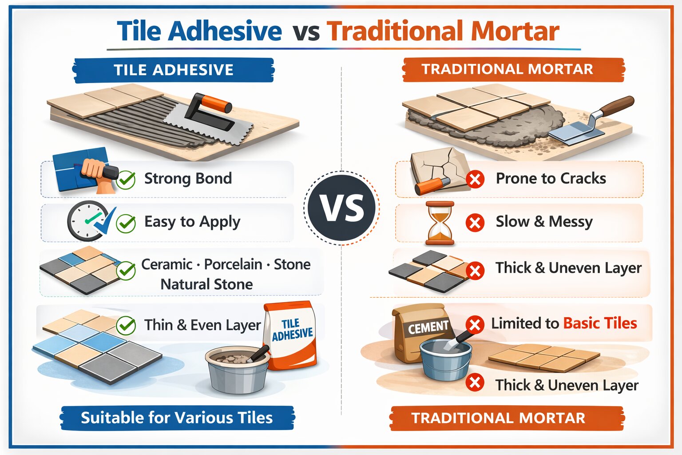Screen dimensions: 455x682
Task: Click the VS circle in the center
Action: [341, 208]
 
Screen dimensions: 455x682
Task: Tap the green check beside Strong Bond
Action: [126, 180]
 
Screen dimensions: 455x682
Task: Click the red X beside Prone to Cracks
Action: [475, 180]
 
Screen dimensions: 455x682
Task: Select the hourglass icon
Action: [440, 223]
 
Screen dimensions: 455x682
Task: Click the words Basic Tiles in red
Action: [600, 323]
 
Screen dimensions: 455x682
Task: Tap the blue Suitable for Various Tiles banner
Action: [177, 418]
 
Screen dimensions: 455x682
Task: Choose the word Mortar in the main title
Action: [515, 31]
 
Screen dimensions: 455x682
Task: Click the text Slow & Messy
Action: [544, 221]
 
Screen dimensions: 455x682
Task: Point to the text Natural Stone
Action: [206, 284]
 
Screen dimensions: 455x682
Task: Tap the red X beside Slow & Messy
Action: [475, 222]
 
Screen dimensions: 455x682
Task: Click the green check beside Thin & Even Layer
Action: [126, 326]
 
